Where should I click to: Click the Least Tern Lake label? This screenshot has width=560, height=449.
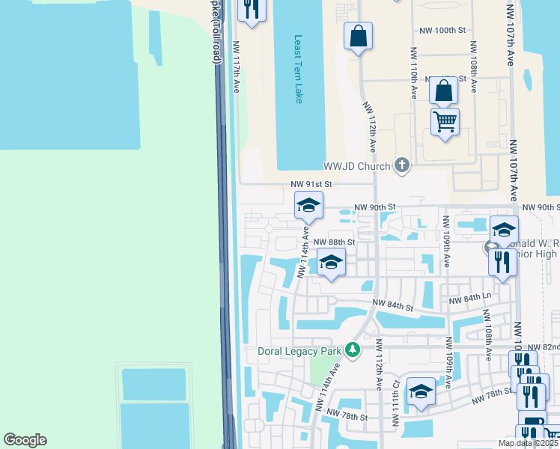pos(298,69)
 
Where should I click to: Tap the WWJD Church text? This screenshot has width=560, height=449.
pos(357,166)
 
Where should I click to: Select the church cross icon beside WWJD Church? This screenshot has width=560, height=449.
pos(402,165)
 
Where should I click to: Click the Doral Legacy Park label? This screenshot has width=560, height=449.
pos(299,350)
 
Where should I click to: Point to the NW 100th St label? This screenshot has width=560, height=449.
pos(442,30)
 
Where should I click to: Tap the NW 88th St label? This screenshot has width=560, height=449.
pos(333,242)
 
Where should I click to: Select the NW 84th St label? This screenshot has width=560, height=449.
pos(394,307)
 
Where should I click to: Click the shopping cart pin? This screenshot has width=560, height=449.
pos(445,122)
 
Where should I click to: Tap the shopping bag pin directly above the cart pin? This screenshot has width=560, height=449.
pos(443,91)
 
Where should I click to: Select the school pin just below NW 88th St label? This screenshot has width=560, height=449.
pos(331,263)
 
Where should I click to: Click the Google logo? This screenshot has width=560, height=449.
pos(25,440)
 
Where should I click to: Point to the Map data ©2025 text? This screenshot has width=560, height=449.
pos(528,443)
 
